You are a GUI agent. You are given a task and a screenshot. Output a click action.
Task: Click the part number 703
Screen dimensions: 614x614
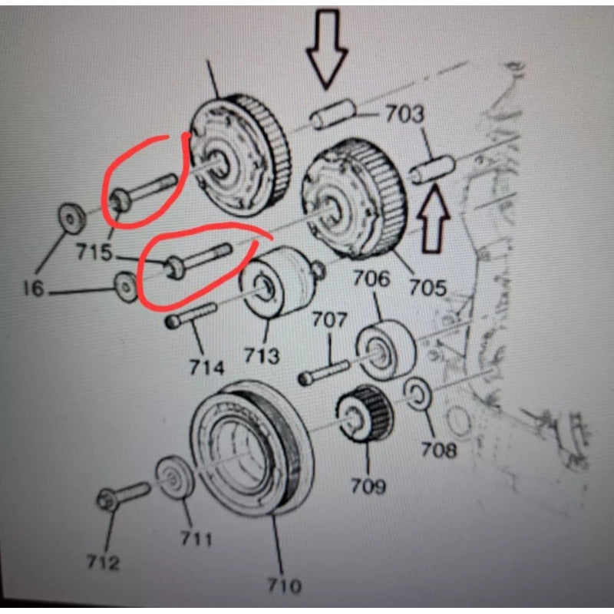404,114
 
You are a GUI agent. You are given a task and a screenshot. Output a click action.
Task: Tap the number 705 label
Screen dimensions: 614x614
427,287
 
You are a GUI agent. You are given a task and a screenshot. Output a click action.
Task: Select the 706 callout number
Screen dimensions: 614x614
372,279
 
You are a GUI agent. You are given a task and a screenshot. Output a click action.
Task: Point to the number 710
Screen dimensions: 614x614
285,586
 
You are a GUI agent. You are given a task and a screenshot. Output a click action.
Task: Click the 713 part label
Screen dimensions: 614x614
262,356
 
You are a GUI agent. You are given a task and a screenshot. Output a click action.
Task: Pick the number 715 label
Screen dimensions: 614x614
94,252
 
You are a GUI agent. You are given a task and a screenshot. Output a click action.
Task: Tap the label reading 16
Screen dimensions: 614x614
34,289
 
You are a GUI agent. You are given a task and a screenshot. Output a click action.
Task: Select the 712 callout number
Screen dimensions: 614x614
103,563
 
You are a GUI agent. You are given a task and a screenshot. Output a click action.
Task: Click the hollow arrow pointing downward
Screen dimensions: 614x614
327,49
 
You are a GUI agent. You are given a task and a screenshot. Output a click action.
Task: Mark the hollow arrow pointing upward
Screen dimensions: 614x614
433,219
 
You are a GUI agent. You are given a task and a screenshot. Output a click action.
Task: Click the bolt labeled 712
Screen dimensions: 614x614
123,496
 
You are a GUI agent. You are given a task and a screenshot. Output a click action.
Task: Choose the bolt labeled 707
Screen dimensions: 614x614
323,372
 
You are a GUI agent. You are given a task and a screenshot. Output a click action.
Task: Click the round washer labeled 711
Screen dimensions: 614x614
175,477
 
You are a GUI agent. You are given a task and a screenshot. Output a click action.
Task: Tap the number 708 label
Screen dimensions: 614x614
438,450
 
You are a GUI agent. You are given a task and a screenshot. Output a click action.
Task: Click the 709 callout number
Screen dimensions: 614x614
368,486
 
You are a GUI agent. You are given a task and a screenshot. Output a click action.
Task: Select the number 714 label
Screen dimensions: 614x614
206,368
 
